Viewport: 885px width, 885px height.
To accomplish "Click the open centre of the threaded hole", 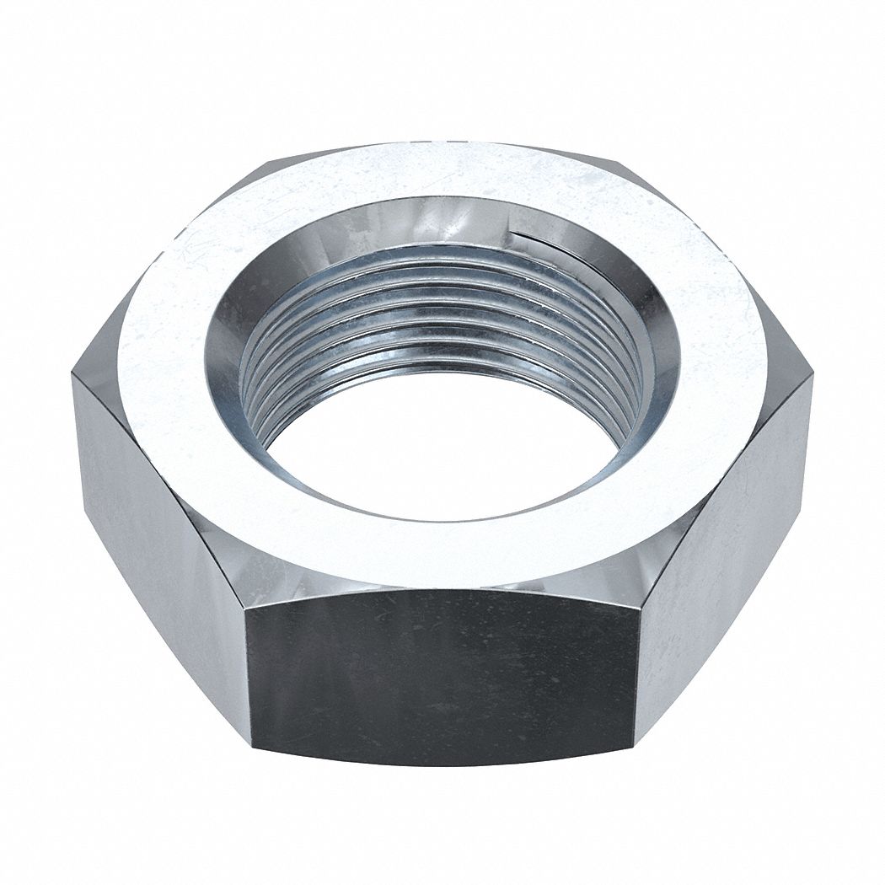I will [x=438, y=455].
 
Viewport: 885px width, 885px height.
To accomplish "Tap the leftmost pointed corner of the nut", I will [x=73, y=375].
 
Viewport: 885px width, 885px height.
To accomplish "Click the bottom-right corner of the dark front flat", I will [x=634, y=742].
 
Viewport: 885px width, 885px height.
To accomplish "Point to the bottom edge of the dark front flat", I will [x=442, y=764].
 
